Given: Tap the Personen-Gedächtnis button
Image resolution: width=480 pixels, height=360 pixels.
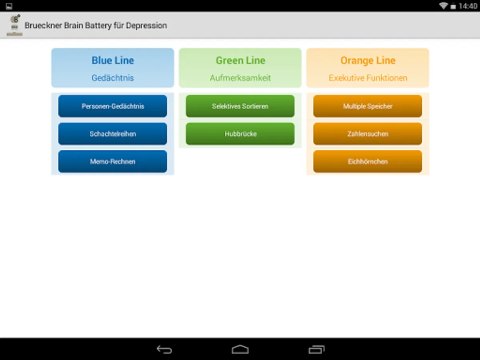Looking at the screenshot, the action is point(113,106).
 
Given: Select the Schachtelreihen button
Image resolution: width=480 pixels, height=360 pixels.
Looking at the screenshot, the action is point(113,134).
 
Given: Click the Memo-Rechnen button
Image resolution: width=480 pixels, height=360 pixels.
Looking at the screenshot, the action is point(113,162).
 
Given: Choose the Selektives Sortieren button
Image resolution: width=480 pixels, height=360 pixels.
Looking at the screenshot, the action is point(240,106).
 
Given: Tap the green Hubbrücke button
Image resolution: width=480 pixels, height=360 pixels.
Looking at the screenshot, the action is point(240,134).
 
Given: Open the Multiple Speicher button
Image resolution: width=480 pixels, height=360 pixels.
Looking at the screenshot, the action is point(368,106).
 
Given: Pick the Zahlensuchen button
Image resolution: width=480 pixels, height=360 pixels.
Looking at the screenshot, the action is point(368,134).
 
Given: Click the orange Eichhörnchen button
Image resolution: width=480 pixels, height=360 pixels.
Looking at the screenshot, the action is point(368,162).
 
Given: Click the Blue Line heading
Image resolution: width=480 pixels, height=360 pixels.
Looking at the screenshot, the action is point(113,60).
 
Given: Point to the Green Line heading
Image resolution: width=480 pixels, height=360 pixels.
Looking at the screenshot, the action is point(240,60).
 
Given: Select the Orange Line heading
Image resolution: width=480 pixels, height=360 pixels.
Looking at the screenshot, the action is point(368,60).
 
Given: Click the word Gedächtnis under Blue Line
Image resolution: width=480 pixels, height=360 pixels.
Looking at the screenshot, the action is point(113,78).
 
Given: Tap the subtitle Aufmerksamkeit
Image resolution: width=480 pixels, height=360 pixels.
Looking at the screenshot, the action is point(240,78).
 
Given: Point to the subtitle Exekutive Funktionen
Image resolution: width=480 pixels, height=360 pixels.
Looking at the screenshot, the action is point(368,78).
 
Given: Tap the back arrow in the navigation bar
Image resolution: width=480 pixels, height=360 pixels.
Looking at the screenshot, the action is point(164,350).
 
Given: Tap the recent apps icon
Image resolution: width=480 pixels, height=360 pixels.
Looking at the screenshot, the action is point(316,350).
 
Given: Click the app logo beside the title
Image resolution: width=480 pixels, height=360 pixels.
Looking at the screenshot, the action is point(15,25).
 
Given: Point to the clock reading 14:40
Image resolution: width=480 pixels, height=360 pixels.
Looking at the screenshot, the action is point(468,6).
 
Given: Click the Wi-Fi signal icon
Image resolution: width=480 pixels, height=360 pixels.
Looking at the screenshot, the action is point(443,6).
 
